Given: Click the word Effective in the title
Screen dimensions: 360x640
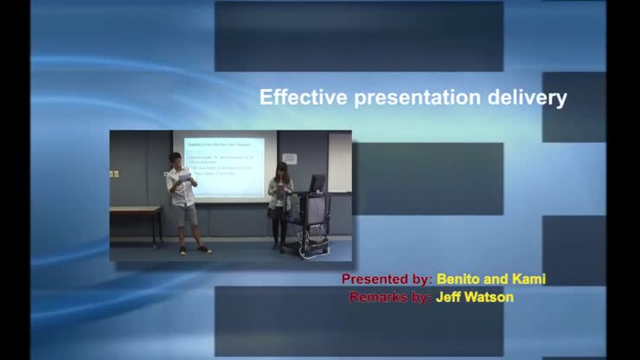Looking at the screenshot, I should click(303, 98).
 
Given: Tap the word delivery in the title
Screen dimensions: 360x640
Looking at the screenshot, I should click(526, 98).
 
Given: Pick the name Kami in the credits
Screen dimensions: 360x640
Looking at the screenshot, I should click(529, 280).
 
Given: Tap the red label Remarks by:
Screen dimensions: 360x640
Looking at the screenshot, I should click(390, 297).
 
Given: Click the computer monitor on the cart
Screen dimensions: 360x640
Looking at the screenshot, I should click(317, 183).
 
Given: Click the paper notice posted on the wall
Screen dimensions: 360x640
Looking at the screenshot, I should click(290, 158).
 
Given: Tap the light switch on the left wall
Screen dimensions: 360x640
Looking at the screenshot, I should click(113, 174).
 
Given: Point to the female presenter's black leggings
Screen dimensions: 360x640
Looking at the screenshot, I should click(279, 229).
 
